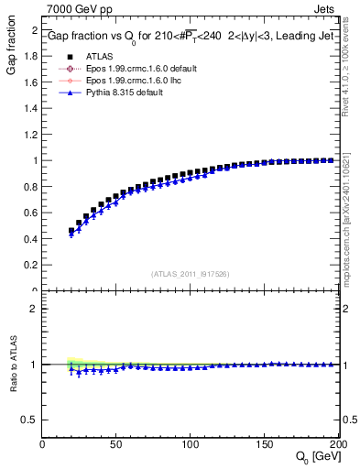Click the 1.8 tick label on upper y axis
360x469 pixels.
pyautogui.click(x=30, y=56)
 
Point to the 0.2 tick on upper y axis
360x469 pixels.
pyautogui.click(x=30, y=265)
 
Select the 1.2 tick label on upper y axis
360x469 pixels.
pyautogui.click(x=30, y=135)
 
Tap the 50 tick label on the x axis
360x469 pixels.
pyautogui.click(x=117, y=443)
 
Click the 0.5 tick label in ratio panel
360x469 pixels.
pyautogui.click(x=30, y=420)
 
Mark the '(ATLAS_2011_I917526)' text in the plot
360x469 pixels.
pyautogui.click(x=189, y=274)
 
